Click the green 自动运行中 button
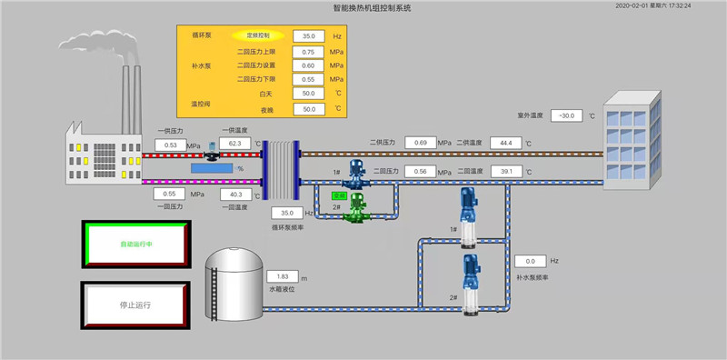[135, 245]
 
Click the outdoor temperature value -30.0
[566, 115]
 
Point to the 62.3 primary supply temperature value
[234, 144]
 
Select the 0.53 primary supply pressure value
[171, 145]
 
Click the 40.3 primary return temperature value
[234, 194]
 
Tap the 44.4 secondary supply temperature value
[505, 143]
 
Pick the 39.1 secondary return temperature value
[505, 171]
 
